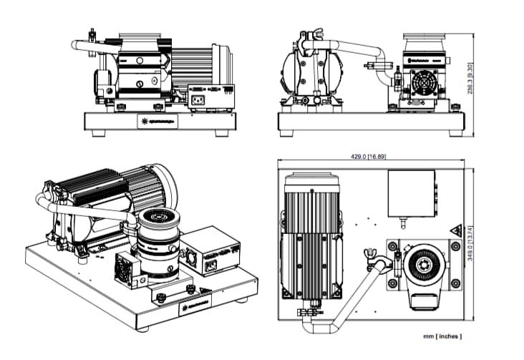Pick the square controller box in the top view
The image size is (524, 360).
click(411, 193)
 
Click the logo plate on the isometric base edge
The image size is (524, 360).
click(194, 306)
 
